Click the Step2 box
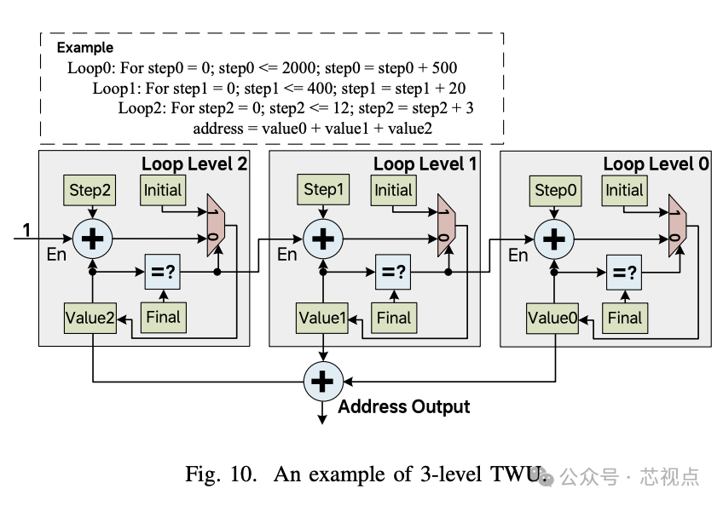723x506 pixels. pyautogui.click(x=91, y=191)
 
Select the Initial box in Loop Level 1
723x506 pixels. pyautogui.click(x=393, y=191)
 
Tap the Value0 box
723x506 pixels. pyautogui.click(x=554, y=318)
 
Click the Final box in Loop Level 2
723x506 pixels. pyautogui.click(x=164, y=318)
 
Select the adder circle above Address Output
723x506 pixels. pyautogui.click(x=322, y=382)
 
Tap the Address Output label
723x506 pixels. pyautogui.click(x=403, y=406)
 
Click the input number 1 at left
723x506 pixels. pyautogui.click(x=26, y=228)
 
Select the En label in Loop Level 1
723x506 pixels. pyautogui.click(x=287, y=254)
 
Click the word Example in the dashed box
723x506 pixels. pyautogui.click(x=84, y=48)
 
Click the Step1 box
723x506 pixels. pyautogui.click(x=322, y=191)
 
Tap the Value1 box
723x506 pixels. pyautogui.click(x=323, y=318)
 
